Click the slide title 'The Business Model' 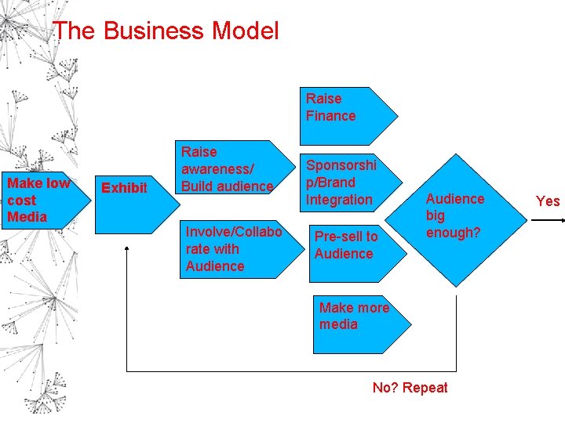(x=166, y=31)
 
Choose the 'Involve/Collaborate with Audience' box (x=235, y=248)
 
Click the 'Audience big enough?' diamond (x=456, y=216)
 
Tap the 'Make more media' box (x=357, y=317)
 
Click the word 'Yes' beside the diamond (x=548, y=201)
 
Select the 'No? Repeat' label (x=410, y=388)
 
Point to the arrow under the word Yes (x=547, y=222)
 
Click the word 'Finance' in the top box (x=330, y=116)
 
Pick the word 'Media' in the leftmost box (x=27, y=217)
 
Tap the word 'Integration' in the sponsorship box (x=339, y=200)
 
